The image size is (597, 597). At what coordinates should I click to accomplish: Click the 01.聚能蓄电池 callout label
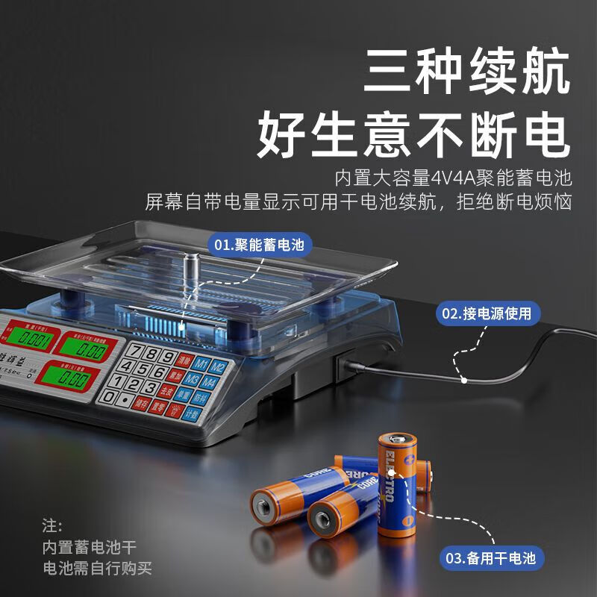pos(259,244)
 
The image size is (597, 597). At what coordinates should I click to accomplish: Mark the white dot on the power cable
pos(463,380)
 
